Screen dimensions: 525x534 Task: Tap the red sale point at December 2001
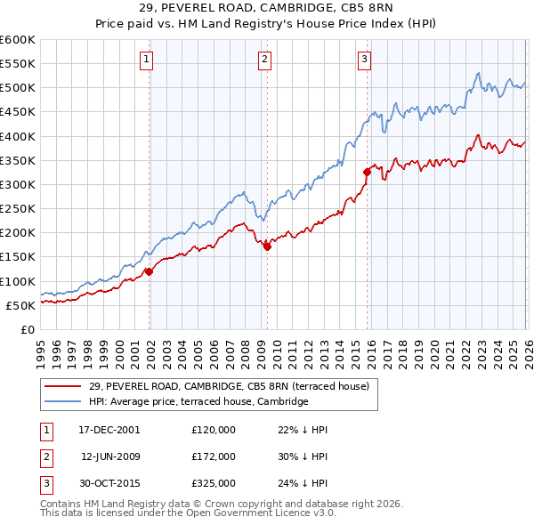(x=149, y=271)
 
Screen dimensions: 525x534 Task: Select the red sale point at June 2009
(x=267, y=246)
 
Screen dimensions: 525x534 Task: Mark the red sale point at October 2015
(x=367, y=172)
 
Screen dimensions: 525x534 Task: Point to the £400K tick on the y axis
(x=18, y=136)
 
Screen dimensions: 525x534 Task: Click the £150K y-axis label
(x=18, y=257)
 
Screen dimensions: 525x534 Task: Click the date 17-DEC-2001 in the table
(x=109, y=429)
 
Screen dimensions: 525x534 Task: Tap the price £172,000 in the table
(x=214, y=456)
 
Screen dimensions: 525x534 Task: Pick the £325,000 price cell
(x=214, y=484)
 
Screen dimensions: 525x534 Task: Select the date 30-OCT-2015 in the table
(x=109, y=484)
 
